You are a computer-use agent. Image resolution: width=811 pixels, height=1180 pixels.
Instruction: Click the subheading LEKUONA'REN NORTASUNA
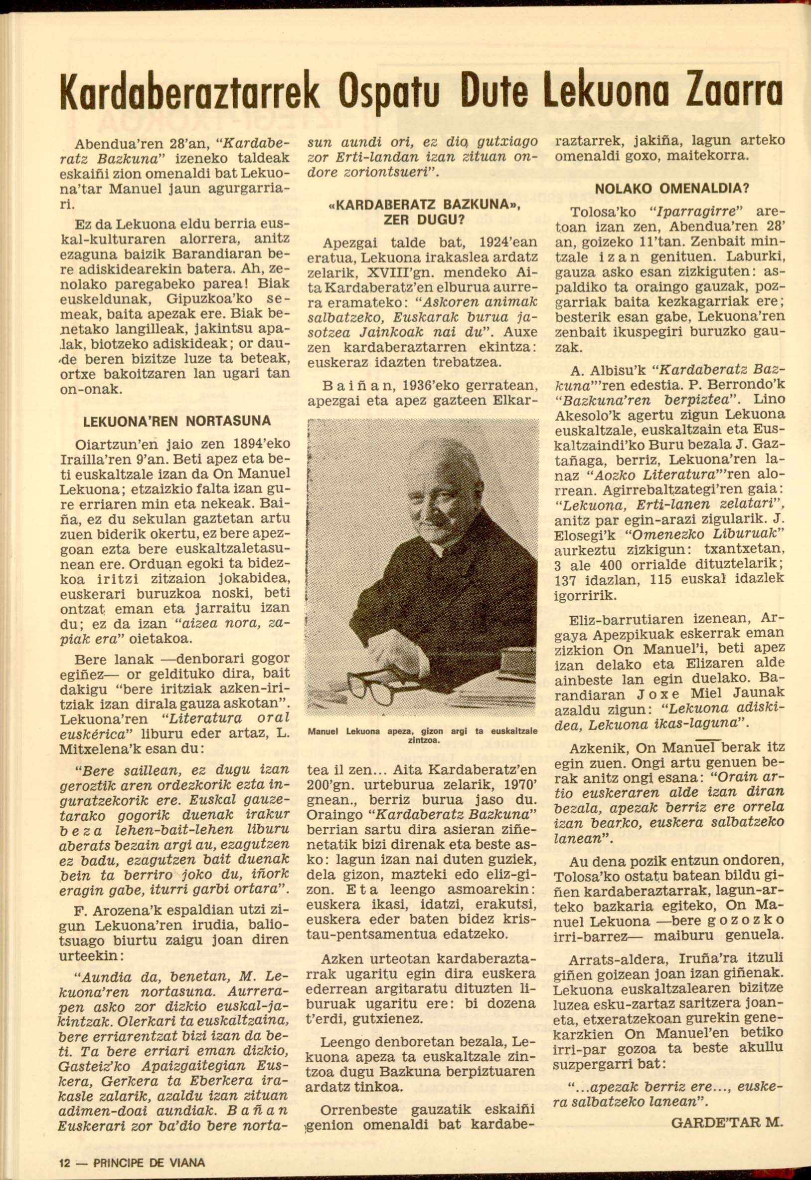point(177,421)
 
